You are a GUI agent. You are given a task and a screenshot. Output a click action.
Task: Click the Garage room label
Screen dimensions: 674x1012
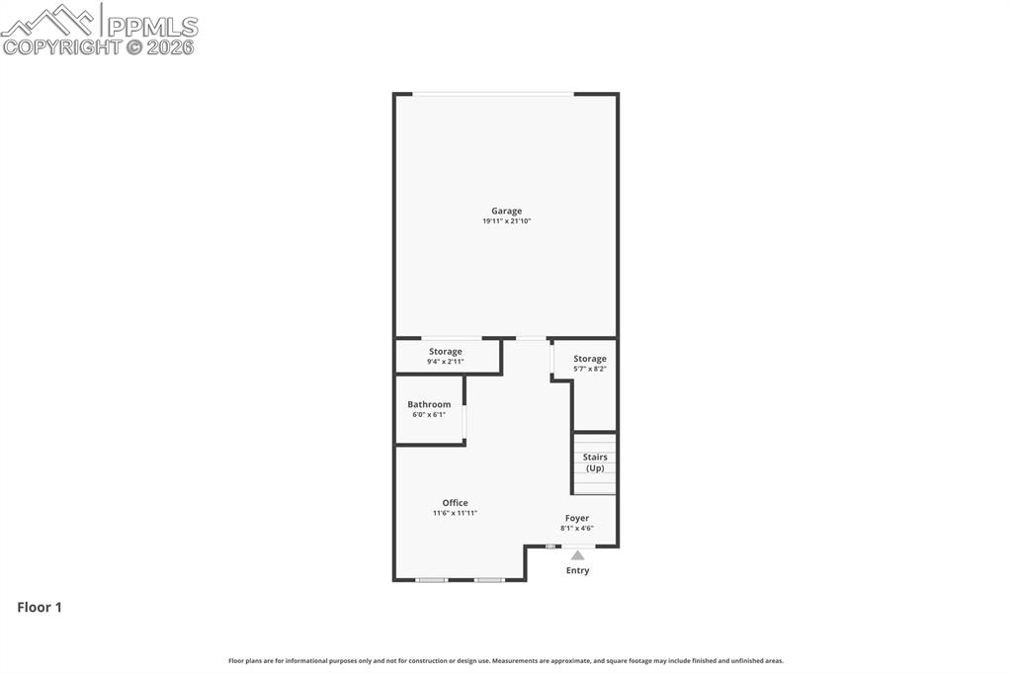coord(506,211)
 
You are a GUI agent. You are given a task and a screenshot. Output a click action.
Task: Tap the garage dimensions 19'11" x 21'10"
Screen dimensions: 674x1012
coord(506,221)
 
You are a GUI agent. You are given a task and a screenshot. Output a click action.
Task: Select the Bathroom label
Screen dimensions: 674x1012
coord(429,404)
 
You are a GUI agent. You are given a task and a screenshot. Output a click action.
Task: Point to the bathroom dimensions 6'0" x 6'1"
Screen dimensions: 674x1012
coord(429,414)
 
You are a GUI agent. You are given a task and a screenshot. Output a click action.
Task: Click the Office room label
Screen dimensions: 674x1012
coord(455,503)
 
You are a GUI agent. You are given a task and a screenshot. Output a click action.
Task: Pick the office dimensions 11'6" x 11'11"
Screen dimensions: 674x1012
coord(455,513)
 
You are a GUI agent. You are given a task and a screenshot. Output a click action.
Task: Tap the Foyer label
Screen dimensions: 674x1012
coord(577,518)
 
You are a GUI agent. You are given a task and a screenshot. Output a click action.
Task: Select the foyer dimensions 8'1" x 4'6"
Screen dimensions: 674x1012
coord(577,528)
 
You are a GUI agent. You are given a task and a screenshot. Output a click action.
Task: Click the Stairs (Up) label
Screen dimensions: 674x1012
coord(595,463)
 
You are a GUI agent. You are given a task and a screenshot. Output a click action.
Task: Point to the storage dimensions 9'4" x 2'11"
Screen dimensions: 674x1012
coord(445,362)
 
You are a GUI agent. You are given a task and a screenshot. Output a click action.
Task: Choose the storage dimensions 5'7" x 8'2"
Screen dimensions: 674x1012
coord(590,369)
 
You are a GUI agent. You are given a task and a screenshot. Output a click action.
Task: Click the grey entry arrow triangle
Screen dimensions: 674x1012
coord(577,555)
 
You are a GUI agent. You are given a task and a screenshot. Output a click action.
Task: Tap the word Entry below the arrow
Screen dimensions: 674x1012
coord(577,570)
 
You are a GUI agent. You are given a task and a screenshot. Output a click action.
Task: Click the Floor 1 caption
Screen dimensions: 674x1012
coord(40,608)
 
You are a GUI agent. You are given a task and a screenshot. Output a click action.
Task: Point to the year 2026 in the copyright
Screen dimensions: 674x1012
coord(171,46)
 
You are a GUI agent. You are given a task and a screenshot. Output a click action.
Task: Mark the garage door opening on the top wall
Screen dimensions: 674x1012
coord(493,94)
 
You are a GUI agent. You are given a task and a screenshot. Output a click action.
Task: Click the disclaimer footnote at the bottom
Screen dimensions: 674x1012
coord(506,660)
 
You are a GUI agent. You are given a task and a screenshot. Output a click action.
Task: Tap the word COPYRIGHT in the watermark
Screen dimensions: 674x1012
coord(61,46)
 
